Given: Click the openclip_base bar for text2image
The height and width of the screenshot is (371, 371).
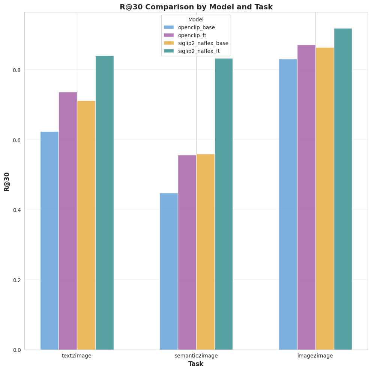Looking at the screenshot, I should tap(49, 240).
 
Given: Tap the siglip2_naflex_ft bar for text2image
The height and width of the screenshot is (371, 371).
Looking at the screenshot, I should tap(104, 203).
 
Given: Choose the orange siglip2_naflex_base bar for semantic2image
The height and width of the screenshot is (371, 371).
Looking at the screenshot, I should tap(205, 252).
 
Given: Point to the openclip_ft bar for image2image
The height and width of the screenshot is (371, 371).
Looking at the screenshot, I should tap(306, 197).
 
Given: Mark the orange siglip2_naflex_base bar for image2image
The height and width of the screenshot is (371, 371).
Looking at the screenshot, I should tap(324, 198).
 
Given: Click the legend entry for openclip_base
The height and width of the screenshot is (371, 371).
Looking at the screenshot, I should tap(196, 27).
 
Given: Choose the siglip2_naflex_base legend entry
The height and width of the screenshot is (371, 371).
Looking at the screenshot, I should tap(203, 43).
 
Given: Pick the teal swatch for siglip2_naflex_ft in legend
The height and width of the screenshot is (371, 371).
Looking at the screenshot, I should tap(169, 51).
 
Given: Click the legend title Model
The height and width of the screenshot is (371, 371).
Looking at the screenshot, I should tap(196, 20).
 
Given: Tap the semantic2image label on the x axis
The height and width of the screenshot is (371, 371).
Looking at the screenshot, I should tap(196, 356).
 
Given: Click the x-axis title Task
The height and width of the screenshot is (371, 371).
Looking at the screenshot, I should tap(196, 364).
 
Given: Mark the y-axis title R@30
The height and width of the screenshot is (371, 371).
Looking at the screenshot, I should tap(7, 182).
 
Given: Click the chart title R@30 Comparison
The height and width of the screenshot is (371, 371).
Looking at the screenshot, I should tap(196, 7).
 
